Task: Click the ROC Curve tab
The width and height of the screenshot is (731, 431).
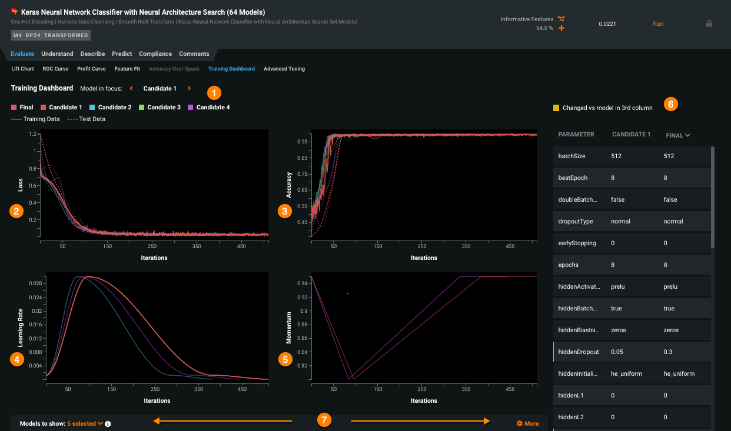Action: click(x=55, y=69)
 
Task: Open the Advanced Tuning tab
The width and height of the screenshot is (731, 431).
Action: click(x=284, y=69)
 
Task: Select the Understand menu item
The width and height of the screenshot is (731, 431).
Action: click(x=57, y=54)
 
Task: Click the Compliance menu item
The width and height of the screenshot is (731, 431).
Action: click(x=155, y=54)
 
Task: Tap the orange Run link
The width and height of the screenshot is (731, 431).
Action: click(x=658, y=24)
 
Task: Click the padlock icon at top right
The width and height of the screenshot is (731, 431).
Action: click(x=709, y=24)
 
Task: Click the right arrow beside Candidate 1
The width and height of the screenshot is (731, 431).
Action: click(x=189, y=89)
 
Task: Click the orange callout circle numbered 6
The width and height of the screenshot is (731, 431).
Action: click(x=670, y=104)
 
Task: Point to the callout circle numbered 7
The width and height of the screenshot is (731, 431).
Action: click(x=323, y=420)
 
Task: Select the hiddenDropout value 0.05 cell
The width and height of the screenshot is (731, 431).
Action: click(x=617, y=352)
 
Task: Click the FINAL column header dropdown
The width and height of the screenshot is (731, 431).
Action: click(x=678, y=135)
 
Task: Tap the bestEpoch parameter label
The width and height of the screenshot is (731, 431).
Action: click(x=572, y=178)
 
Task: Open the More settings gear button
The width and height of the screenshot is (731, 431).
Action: click(x=527, y=423)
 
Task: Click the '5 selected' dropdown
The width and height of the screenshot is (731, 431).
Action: click(x=85, y=423)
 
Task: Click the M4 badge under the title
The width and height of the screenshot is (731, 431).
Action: click(x=17, y=35)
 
